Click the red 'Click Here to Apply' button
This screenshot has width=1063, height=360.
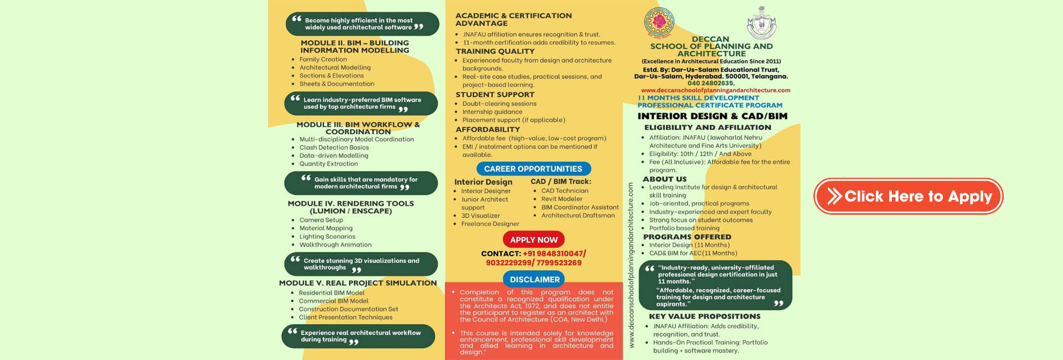[x=908, y=196]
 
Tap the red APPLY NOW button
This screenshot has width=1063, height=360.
[x=534, y=240]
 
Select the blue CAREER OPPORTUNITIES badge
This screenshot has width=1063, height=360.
[x=533, y=169]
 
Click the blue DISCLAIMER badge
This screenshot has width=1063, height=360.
[x=534, y=280]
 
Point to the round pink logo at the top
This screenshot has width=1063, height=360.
[x=659, y=22]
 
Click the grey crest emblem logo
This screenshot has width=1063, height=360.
[x=761, y=23]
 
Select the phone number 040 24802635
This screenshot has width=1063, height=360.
[x=711, y=83]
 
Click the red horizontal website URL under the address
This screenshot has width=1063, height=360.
[x=715, y=90]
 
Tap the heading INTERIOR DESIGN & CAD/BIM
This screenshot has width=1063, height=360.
[x=712, y=116]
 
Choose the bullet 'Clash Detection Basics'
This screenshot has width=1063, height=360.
[x=334, y=147]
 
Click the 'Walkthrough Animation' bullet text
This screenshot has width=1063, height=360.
[x=336, y=245]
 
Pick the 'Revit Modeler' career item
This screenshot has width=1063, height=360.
[x=561, y=199]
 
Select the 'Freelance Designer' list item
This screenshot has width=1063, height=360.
[x=490, y=224]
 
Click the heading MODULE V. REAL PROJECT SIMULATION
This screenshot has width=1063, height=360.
[x=358, y=283]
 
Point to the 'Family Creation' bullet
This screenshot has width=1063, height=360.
[x=323, y=59]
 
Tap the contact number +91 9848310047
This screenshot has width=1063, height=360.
[x=553, y=254]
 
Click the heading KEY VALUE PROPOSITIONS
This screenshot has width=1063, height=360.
[x=704, y=316]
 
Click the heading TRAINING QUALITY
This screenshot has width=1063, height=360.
[x=495, y=51]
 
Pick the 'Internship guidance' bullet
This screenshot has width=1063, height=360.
[x=492, y=112]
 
